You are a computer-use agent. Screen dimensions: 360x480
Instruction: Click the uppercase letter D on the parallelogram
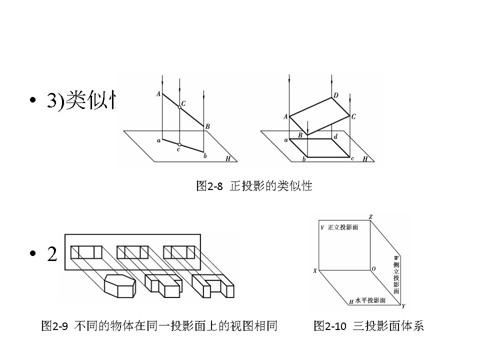pos(336,95)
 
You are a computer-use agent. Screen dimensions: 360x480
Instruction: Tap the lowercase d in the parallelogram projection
pos(335,136)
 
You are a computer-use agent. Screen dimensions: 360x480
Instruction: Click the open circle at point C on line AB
pos(179,107)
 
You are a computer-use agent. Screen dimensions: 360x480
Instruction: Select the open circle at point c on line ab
pos(179,144)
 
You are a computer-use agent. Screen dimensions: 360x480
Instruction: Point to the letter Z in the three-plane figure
pos(370,217)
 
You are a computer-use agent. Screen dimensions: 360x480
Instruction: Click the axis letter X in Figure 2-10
pos(315,270)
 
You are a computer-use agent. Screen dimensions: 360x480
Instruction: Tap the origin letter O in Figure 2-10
pos(373,269)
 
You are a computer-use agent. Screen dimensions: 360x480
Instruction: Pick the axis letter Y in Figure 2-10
pos(403,305)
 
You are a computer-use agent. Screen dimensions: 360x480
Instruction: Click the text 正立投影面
pos(343,227)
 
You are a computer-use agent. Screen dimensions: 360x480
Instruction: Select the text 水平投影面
pos(370,300)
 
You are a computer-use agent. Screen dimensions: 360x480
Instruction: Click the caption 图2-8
pos(208,186)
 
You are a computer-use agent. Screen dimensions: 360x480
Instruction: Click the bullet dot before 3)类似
pos(33,100)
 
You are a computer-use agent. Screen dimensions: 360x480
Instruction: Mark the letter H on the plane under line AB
pos(228,158)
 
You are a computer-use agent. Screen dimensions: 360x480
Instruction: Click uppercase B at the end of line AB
pos(207,126)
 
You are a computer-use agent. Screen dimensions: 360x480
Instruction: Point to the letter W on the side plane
pos(396,258)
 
